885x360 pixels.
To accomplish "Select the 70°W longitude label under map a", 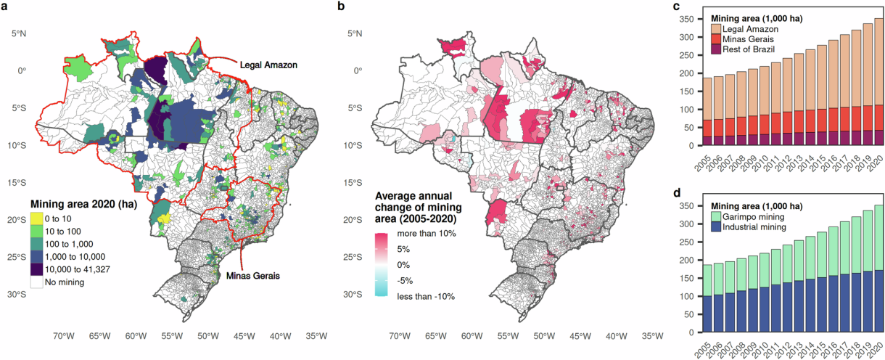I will [64, 336].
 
